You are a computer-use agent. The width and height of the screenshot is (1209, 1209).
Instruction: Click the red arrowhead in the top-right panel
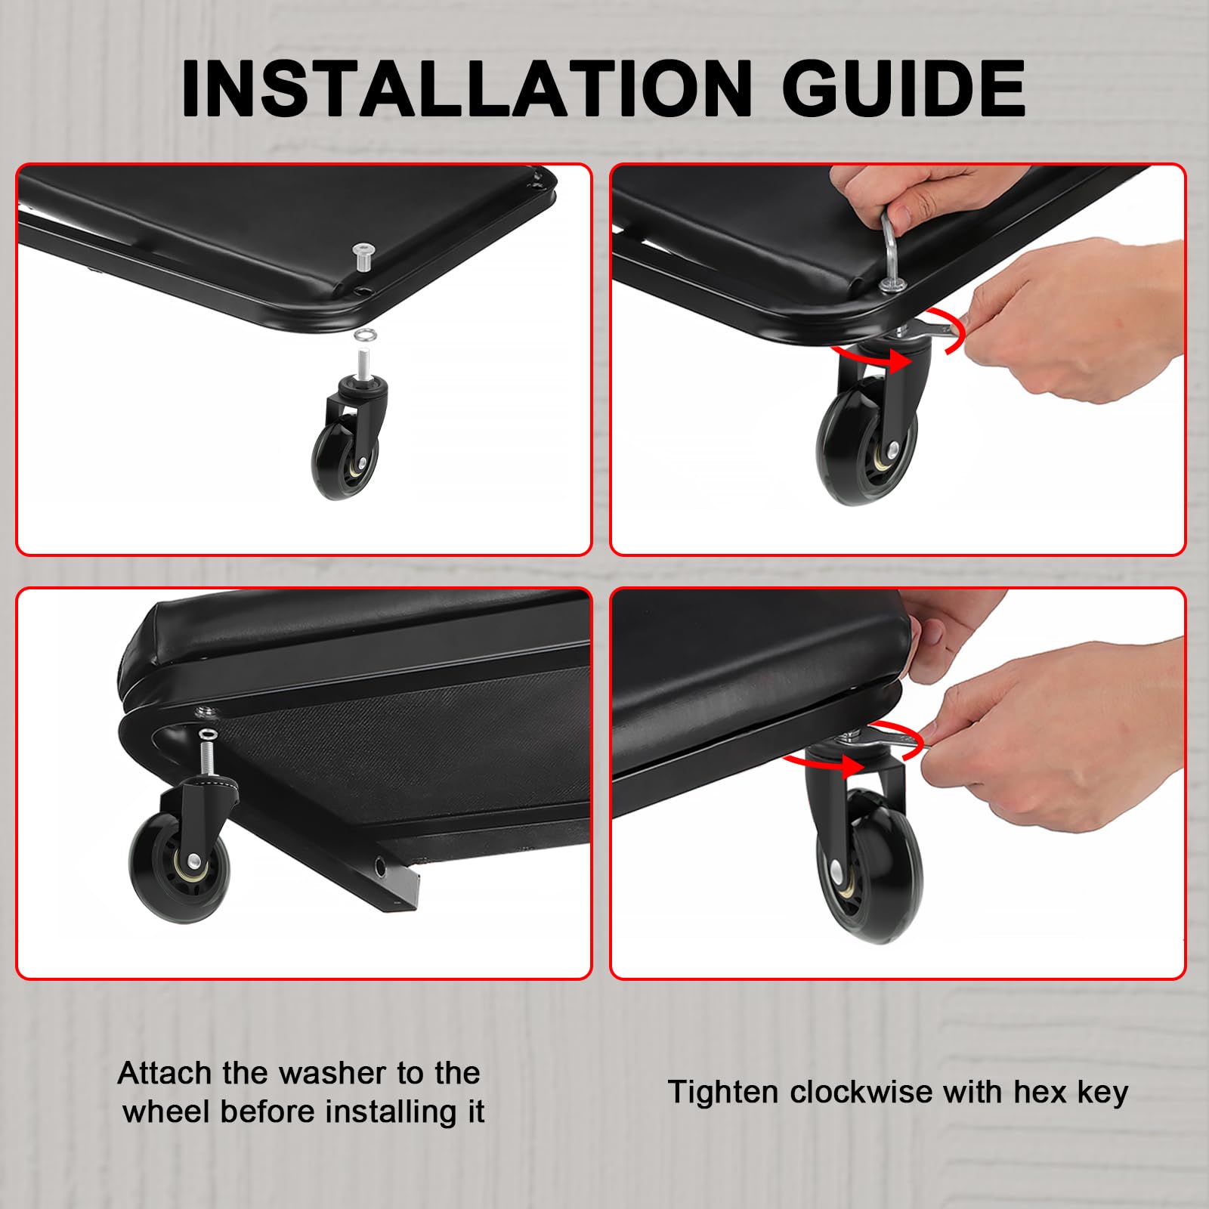tap(895, 361)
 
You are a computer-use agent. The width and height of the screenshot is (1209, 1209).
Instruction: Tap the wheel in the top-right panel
tap(867, 446)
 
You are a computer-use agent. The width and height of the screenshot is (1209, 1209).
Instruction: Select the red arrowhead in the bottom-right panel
tap(852, 765)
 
